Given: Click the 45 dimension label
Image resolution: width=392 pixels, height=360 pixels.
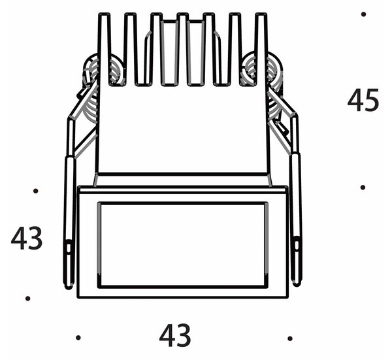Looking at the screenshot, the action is click(363, 100).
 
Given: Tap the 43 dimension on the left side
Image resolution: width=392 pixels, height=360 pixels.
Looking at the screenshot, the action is click(27, 238).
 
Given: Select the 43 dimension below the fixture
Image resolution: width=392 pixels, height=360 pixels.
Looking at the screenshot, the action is click(175, 336).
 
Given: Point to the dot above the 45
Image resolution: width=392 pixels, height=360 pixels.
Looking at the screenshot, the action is click(363, 14).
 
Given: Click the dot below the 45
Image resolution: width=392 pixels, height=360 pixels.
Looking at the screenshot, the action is click(363, 188).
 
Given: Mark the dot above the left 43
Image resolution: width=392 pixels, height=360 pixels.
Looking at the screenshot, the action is click(36, 191).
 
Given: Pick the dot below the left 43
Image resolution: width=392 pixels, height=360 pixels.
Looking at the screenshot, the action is click(27, 298).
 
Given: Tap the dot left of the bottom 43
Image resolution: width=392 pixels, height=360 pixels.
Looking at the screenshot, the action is click(78, 338).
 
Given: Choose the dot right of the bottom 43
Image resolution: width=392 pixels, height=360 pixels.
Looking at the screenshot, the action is click(290, 338).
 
